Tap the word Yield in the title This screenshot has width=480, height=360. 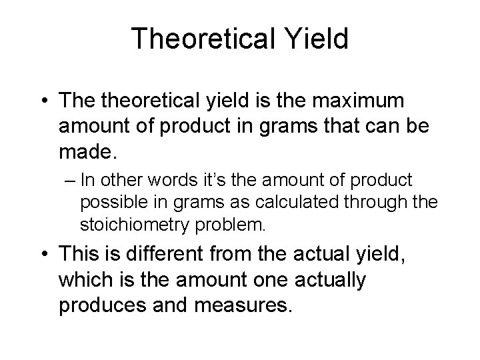315,39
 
